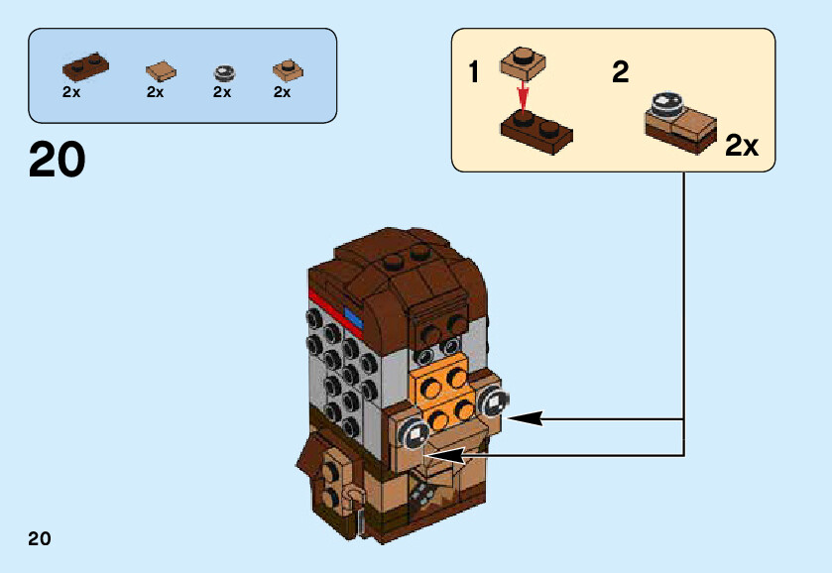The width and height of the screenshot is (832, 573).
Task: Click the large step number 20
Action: (58, 160)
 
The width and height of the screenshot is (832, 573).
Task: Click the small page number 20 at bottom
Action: (40, 539)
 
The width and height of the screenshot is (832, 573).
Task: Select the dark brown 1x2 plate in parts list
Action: (85, 66)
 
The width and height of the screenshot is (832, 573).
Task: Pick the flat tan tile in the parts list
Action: (161, 70)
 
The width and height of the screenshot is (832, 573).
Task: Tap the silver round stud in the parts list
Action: (226, 71)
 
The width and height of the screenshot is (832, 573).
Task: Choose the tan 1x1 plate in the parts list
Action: (288, 69)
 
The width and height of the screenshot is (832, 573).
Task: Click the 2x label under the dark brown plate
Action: (71, 92)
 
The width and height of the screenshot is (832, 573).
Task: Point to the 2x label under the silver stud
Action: (222, 92)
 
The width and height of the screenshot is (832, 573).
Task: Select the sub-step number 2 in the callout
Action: (621, 72)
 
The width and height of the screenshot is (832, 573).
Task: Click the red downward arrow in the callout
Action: (524, 96)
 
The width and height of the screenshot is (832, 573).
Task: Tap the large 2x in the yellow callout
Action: (742, 146)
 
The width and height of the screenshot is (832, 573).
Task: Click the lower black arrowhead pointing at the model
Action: (446, 455)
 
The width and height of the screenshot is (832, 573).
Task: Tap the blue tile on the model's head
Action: (354, 316)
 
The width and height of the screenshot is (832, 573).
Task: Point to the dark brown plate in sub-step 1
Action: (535, 127)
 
